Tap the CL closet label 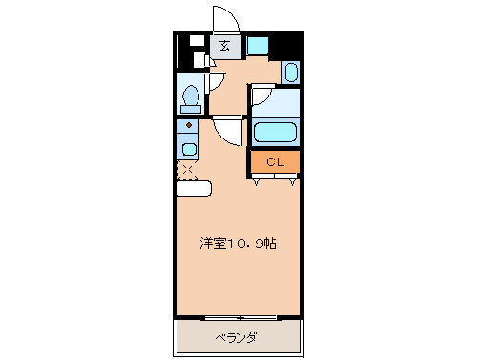click(x=275, y=161)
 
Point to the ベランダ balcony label click(x=239, y=337)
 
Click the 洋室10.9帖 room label click(x=239, y=244)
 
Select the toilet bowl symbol click(x=191, y=97)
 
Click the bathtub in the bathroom click(x=276, y=133)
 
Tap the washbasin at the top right click(x=291, y=72)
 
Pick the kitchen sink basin click(x=189, y=148)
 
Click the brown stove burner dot click(x=189, y=125)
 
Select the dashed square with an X click(x=188, y=170)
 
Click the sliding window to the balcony click(x=240, y=317)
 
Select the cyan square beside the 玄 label click(x=258, y=45)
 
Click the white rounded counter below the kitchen click(x=194, y=188)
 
